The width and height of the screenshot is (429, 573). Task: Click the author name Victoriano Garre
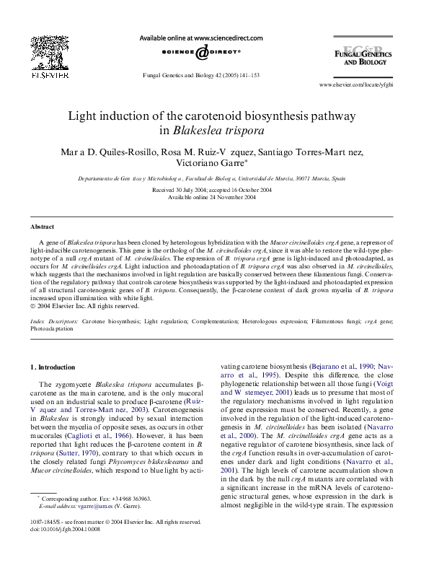tap(212, 163)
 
